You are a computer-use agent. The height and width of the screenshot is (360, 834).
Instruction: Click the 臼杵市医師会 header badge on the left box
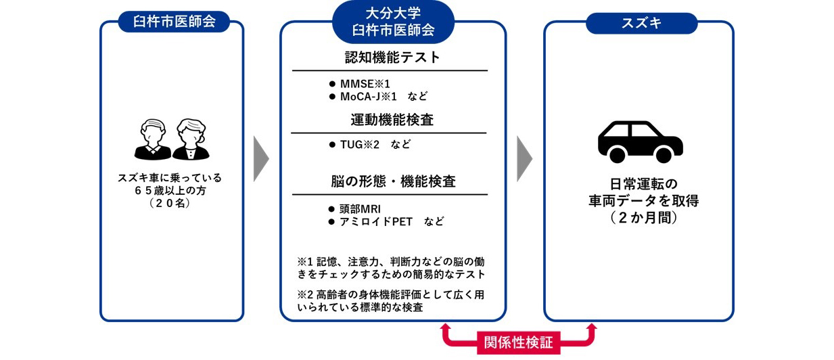click(171, 22)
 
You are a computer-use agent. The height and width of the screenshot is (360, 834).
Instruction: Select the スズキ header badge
click(641, 24)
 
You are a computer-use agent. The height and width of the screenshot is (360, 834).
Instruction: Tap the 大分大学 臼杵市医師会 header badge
click(393, 22)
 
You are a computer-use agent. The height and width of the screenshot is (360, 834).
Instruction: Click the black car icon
click(640, 141)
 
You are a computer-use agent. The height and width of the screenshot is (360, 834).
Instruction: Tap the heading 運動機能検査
click(392, 120)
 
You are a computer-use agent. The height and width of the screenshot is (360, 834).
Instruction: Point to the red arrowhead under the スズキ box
click(592, 328)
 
